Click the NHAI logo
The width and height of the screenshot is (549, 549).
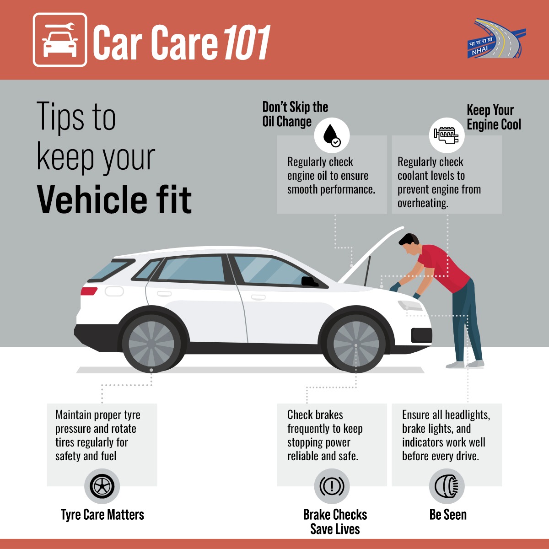click(x=496, y=38)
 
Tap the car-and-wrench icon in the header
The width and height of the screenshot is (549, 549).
click(x=60, y=40)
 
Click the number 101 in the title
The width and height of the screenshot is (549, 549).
click(x=247, y=43)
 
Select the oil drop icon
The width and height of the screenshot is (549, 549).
click(x=332, y=135)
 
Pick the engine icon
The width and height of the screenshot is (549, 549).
click(x=447, y=135)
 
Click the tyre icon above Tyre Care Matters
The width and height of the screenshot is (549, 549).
click(x=102, y=486)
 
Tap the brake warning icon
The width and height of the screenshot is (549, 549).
click(x=332, y=486)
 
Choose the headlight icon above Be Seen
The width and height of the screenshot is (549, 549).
click(x=447, y=486)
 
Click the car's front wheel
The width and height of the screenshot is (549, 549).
click(x=356, y=344)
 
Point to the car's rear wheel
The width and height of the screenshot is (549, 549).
click(x=151, y=343)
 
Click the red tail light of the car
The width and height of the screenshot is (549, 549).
click(x=89, y=291)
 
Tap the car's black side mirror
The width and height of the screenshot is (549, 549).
click(x=310, y=281)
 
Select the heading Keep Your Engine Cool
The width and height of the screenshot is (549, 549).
click(x=494, y=117)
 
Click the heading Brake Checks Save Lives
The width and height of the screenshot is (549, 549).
click(x=335, y=522)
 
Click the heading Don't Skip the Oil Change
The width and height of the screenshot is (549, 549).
click(x=295, y=114)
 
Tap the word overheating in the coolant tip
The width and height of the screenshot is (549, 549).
click(x=423, y=204)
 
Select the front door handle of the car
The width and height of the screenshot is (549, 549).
click(x=258, y=297)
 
